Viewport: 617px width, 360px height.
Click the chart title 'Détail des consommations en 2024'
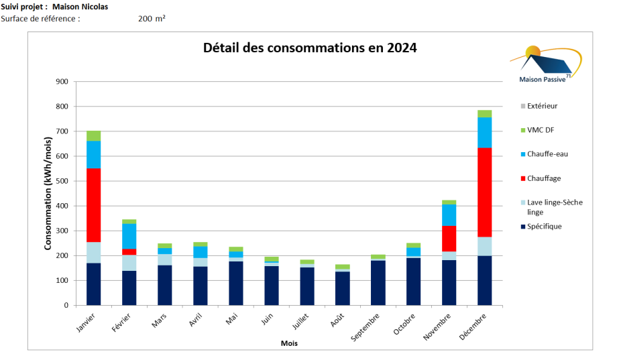pos(310,48)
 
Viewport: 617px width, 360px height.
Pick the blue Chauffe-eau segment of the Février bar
pos(129,236)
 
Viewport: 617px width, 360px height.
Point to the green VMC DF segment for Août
pos(342,267)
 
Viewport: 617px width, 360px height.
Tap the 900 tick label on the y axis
pos(62,82)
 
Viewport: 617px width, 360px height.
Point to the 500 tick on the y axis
pos(62,181)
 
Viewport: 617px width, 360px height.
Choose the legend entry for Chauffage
pos(544,178)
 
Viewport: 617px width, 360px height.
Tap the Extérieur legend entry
pos(543,106)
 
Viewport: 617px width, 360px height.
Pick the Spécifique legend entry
pos(545,227)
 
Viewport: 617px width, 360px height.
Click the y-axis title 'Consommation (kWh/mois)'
pos(48,193)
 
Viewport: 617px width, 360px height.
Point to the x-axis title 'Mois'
pos(289,343)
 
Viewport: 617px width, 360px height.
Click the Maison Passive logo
pos(545,65)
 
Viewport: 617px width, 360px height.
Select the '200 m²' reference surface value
pos(152,19)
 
